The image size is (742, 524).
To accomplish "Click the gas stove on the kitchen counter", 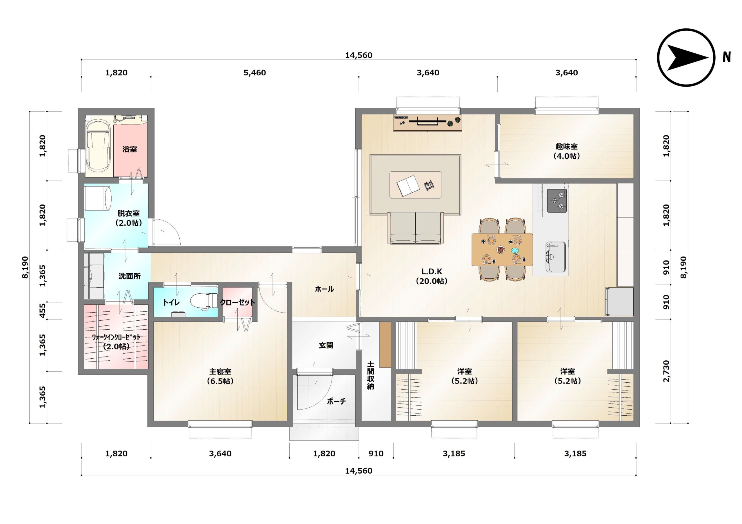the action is (557, 201).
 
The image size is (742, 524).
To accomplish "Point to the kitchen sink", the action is (556, 257).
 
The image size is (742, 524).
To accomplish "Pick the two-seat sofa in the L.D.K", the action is (416, 227).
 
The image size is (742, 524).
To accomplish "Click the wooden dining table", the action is (502, 249).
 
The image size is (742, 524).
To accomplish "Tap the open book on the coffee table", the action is (408, 186).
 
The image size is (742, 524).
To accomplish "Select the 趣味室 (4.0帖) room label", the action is (567, 151).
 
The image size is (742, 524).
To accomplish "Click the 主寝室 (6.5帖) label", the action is (220, 376).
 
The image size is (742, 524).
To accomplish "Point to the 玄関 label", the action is (326, 345).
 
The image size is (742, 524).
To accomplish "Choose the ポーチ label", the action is (337, 401).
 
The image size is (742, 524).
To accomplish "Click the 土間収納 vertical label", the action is (370, 375).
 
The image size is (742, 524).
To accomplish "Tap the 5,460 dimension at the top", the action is (255, 73).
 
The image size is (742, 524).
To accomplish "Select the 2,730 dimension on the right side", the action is (666, 371).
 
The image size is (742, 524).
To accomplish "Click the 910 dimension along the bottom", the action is (376, 454).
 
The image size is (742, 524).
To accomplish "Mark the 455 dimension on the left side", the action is (42, 311).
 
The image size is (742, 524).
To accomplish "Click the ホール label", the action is (324, 289).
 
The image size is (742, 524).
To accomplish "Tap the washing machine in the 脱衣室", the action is (98, 198).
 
